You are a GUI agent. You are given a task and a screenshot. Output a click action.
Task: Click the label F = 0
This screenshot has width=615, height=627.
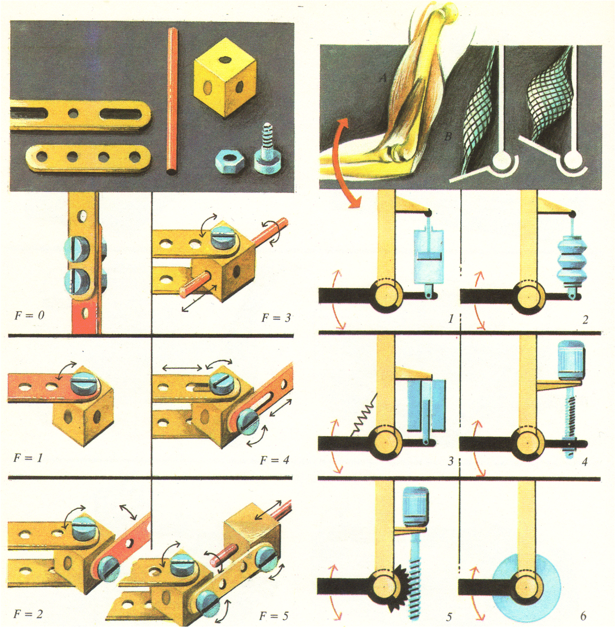29,315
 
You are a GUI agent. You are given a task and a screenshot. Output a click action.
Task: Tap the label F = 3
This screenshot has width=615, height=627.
276,317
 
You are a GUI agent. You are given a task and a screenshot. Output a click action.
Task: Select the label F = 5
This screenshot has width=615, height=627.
274,616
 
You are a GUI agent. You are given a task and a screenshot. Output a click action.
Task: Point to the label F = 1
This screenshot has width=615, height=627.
28,458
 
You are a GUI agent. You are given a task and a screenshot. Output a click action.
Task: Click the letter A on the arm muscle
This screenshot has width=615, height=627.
384,78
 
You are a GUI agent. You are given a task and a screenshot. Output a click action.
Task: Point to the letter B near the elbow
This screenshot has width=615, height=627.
448,136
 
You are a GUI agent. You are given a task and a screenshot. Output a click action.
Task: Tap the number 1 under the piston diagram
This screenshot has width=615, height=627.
451,318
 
